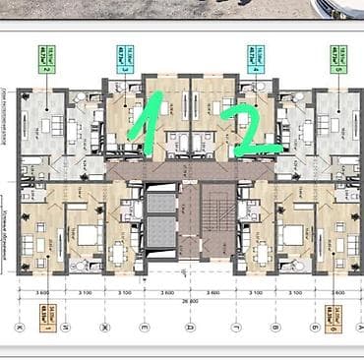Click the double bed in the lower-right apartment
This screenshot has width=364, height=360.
pos(293,234)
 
